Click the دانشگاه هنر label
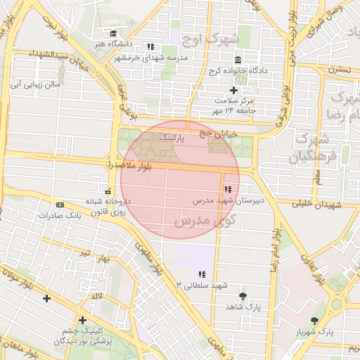pos(114,44)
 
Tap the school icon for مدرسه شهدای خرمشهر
pos(150,46)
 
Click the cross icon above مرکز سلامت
pos(234,90)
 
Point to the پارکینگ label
pos(172,139)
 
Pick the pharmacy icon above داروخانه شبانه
pos(108,191)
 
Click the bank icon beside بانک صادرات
pos(59,205)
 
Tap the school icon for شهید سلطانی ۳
pos(202,274)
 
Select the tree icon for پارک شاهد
pos(243,296)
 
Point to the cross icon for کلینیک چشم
pos(83,319)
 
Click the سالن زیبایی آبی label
pos(33,84)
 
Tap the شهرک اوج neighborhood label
pos(210,37)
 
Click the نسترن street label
pos(341,70)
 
